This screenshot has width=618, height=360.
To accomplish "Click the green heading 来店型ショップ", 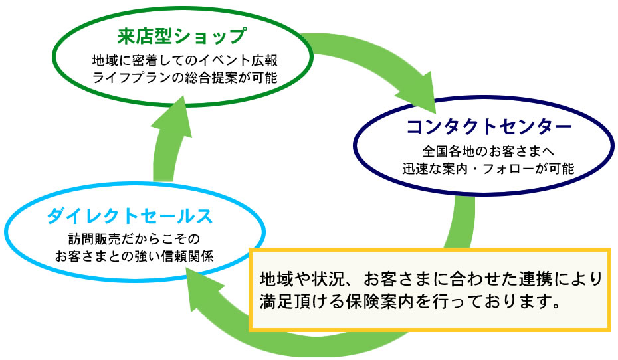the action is coord(182,36).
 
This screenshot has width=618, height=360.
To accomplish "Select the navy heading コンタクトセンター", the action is coord(488,126).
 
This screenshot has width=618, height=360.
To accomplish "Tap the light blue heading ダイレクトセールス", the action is coord(130,216).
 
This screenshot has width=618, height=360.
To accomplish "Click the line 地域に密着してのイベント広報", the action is coord(185,60).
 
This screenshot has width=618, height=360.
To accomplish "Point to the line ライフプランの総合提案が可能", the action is coord(185,78).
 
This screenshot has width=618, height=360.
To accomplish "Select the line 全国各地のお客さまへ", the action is coord(488,151).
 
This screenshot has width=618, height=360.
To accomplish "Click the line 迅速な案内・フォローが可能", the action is coord(488,169).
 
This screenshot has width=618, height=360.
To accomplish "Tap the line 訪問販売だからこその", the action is coord(134,238).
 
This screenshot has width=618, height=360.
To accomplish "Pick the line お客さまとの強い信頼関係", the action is coord(134,256).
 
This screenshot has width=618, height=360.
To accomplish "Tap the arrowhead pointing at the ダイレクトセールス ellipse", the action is coord(207,288).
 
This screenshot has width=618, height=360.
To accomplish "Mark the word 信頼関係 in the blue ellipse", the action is coord(187,256).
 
